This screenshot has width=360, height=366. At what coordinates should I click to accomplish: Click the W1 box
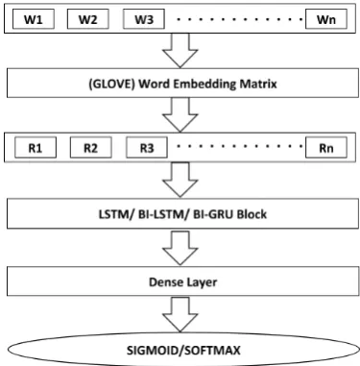(x=34, y=19)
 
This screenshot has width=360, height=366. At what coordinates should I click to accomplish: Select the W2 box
(x=88, y=19)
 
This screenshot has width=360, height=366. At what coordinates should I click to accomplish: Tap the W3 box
(x=144, y=19)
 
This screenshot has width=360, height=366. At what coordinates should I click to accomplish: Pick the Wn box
(x=326, y=19)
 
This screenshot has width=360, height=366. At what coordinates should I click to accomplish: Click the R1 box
(x=36, y=148)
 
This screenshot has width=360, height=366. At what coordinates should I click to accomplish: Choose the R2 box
(x=91, y=148)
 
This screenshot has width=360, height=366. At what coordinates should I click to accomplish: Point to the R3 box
(x=147, y=148)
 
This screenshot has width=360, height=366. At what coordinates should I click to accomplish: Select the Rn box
(x=326, y=148)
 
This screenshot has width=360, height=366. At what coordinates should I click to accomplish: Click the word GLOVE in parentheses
(x=111, y=84)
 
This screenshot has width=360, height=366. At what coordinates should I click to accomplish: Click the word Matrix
(x=258, y=84)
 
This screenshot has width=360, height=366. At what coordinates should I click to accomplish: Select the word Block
(x=252, y=214)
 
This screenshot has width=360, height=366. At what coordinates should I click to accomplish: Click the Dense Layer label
(x=183, y=282)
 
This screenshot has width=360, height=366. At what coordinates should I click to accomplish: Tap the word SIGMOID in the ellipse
(x=155, y=350)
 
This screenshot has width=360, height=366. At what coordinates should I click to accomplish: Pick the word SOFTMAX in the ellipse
(x=212, y=350)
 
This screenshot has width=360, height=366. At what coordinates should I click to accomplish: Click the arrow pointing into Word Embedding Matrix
(x=180, y=50)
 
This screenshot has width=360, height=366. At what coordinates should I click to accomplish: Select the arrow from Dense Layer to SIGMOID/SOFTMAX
(x=180, y=314)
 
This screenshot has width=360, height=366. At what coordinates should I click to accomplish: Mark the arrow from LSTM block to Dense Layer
(x=180, y=248)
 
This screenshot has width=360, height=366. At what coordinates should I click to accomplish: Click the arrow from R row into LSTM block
(x=180, y=180)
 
